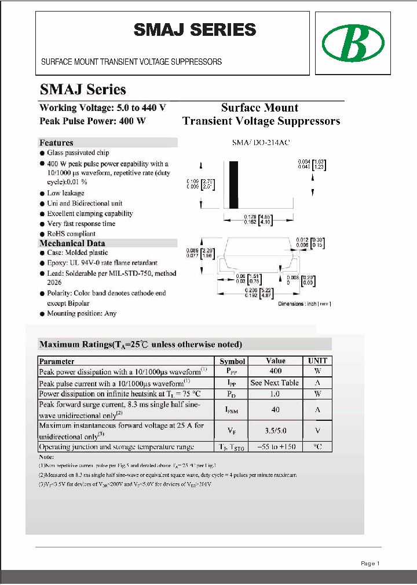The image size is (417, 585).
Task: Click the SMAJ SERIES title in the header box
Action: [x=195, y=30]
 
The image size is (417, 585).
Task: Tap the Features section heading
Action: [x=56, y=143]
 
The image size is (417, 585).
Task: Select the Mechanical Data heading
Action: [x=72, y=243]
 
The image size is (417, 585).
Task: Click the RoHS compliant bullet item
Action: [x=71, y=234]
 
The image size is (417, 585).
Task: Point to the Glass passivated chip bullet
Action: [x=78, y=153]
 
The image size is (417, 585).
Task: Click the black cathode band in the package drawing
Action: [x=233, y=185]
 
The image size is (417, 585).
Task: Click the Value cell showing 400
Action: [x=275, y=371]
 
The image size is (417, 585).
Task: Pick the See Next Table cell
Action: [x=275, y=383]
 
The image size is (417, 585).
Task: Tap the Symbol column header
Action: [x=232, y=361]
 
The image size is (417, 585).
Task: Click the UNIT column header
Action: [x=317, y=361]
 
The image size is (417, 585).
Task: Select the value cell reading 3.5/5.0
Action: [x=275, y=430]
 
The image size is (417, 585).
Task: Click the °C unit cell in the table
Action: [x=317, y=446]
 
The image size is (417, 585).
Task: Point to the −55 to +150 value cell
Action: [x=275, y=446]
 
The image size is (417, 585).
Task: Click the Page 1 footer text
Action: [x=370, y=563]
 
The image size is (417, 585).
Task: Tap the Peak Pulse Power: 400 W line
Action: [x=92, y=121]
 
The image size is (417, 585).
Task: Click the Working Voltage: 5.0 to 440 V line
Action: [x=103, y=108]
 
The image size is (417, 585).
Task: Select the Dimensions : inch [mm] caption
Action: [x=304, y=304]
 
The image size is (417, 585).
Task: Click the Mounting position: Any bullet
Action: [x=81, y=313]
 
